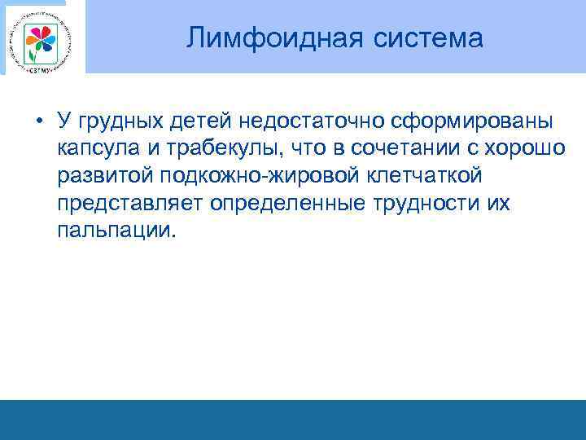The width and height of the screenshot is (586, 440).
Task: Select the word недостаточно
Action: click(308, 121)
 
